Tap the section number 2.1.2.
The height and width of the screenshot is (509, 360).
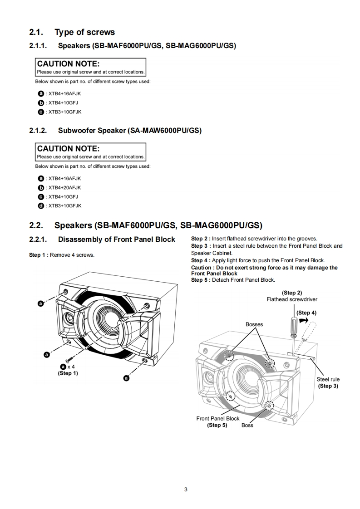click(38, 131)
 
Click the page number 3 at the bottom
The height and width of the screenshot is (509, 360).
click(186, 489)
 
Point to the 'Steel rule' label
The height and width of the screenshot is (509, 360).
click(328, 379)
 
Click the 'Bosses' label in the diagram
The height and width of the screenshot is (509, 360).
click(254, 324)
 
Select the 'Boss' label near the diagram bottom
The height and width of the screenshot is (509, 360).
click(247, 425)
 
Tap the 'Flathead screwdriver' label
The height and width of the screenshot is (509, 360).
click(292, 299)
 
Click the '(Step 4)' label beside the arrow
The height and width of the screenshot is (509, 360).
click(306, 313)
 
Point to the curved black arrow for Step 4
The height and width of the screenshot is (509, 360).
click(303, 320)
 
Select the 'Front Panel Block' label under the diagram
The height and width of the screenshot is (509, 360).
click(217, 418)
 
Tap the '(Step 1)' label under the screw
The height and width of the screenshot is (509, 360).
click(68, 373)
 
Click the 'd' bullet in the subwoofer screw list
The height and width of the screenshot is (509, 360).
click(41, 206)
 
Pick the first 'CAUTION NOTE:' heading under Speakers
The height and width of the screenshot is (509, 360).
click(68, 64)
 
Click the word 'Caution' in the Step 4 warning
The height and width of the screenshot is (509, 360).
click(201, 268)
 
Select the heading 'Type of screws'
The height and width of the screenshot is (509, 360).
click(84, 32)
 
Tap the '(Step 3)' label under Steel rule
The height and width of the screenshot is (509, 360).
click(328, 386)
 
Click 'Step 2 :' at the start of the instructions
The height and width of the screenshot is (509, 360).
click(201, 239)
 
